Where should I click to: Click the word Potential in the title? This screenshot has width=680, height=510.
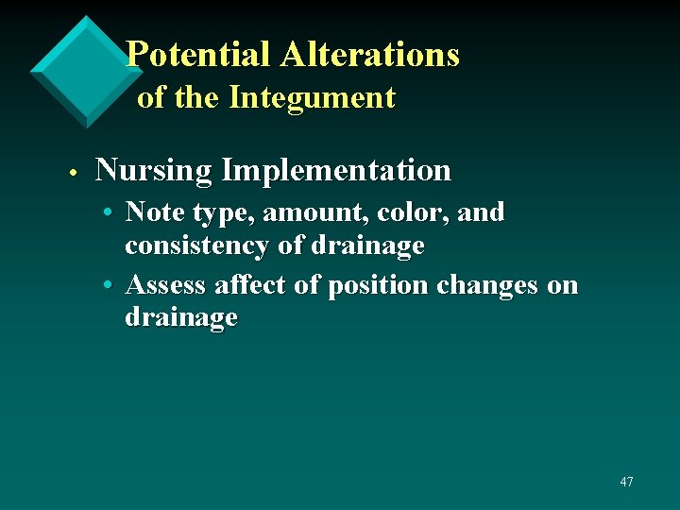198,54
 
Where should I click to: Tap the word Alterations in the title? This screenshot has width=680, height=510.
369,54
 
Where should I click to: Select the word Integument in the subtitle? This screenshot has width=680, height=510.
312,97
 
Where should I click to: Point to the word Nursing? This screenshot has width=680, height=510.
154,171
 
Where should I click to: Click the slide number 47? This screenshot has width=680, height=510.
626,482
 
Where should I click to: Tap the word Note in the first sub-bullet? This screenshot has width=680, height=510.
151,212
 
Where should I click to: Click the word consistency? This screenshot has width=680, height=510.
196,246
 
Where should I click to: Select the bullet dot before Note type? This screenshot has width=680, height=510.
110,214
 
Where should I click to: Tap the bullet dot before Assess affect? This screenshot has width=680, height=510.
110,286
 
